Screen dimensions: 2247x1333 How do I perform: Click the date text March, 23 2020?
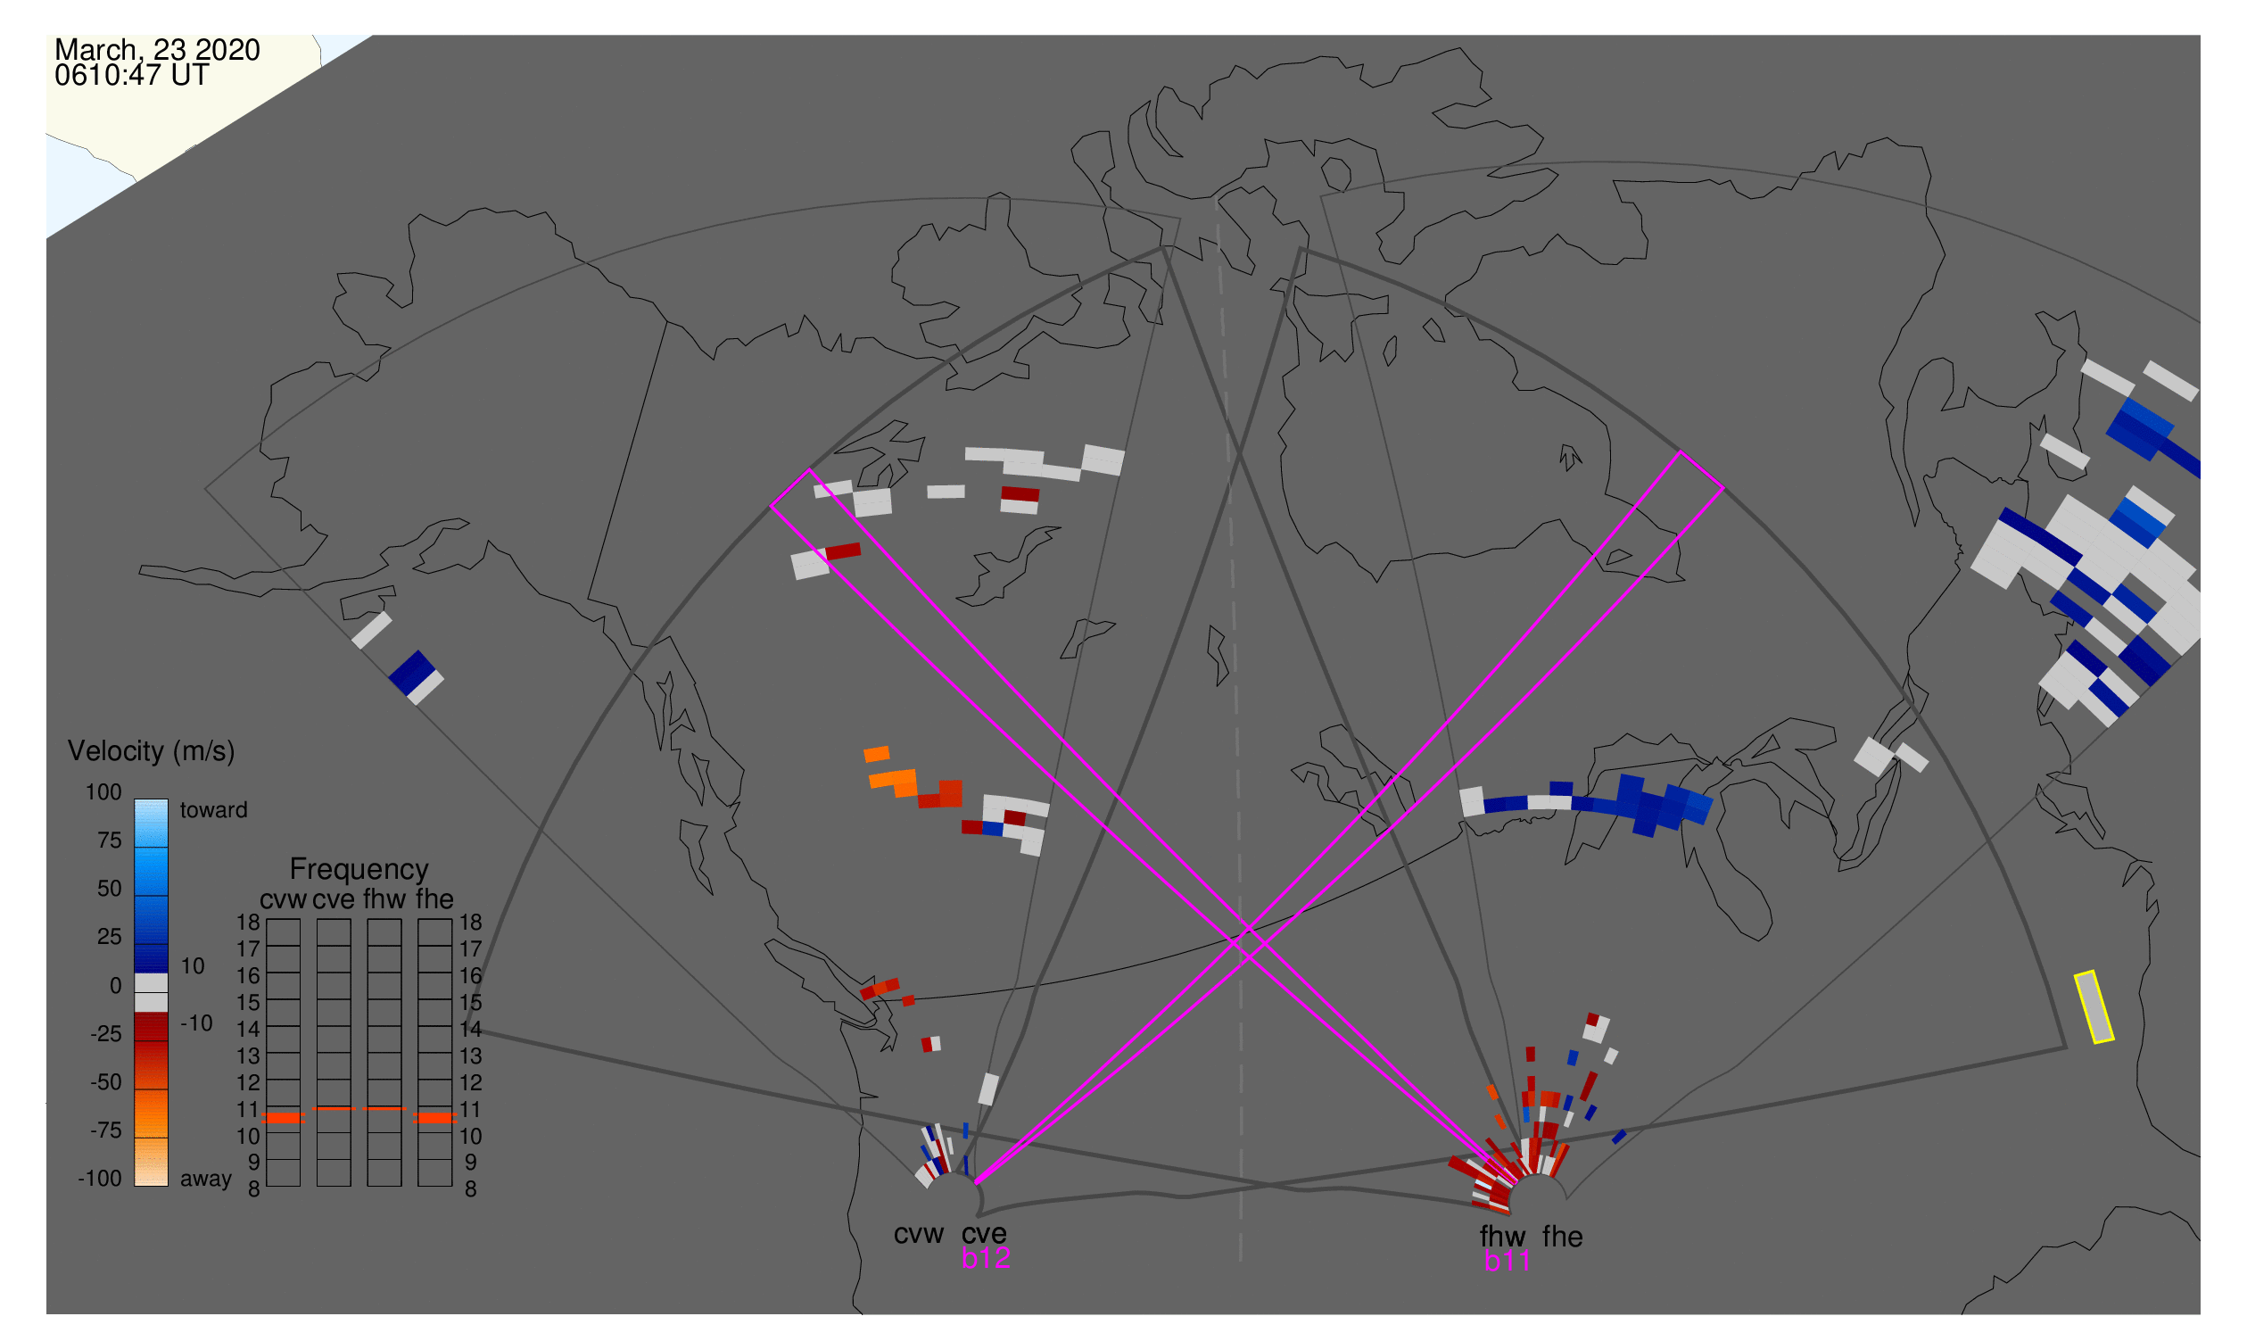click(x=157, y=50)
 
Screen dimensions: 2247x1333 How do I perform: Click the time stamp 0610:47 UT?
click(x=132, y=76)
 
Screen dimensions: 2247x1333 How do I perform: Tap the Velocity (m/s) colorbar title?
click(x=152, y=752)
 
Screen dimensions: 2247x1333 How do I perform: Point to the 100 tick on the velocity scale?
click(x=103, y=792)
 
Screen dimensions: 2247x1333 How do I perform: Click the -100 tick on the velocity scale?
click(x=100, y=1179)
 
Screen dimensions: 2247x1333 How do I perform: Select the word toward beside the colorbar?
click(x=214, y=810)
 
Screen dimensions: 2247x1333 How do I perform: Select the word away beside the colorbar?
click(x=206, y=1180)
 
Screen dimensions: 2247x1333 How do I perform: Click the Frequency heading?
click(x=359, y=870)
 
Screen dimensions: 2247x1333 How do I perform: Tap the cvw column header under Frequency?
click(x=284, y=900)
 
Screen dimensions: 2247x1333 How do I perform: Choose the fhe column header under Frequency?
click(x=434, y=900)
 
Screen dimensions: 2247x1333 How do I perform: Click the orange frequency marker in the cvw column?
click(x=284, y=1118)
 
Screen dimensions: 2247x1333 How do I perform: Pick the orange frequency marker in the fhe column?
click(x=434, y=1118)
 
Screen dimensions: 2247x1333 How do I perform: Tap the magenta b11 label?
click(x=1507, y=1262)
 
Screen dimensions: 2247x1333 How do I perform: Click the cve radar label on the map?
click(x=984, y=1234)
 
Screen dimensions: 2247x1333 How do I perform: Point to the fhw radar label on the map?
click(x=1502, y=1237)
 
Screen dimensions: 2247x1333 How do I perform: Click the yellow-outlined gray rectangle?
click(x=2094, y=1008)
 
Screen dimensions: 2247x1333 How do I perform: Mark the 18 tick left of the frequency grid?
click(x=249, y=923)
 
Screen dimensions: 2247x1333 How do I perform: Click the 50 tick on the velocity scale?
click(x=110, y=889)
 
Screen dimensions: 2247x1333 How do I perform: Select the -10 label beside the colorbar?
click(x=196, y=1023)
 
